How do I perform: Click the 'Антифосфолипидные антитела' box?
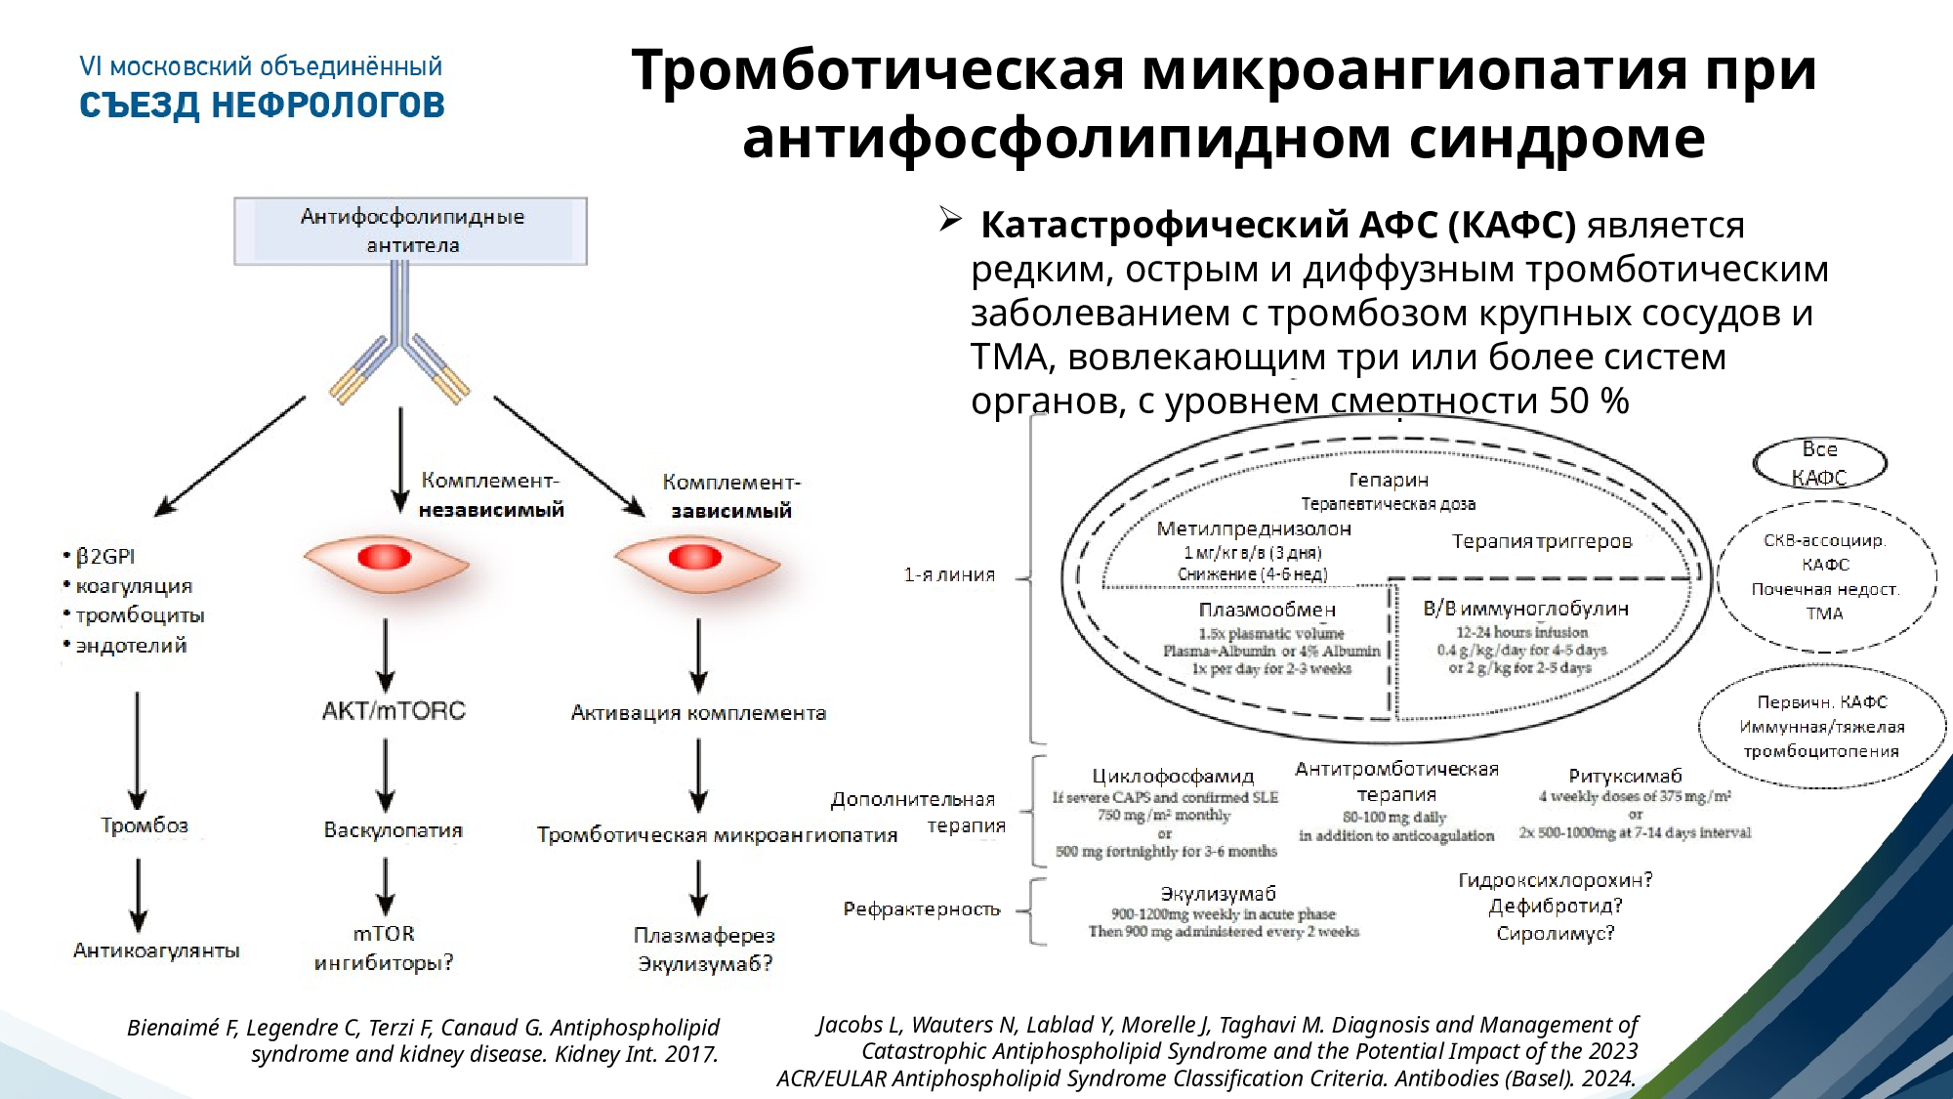[x=411, y=231]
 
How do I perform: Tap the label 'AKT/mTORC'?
[x=394, y=710]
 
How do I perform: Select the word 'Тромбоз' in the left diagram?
[x=144, y=825]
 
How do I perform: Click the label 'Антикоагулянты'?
[x=156, y=951]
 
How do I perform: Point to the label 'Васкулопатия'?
[x=394, y=830]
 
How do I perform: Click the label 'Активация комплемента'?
[x=698, y=713]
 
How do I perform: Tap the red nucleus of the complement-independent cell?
[x=385, y=558]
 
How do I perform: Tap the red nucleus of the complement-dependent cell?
[x=695, y=558]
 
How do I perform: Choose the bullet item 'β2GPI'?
[x=105, y=556]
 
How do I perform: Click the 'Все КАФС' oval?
[x=1819, y=463]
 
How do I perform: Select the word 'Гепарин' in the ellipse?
[x=1389, y=480]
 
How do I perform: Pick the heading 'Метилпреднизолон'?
[x=1254, y=528]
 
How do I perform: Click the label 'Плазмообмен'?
[x=1267, y=610]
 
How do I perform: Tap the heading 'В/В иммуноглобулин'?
[x=1525, y=609]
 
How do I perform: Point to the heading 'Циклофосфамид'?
[x=1173, y=776]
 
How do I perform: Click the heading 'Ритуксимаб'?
[x=1625, y=776]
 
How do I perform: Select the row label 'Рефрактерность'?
[x=922, y=909]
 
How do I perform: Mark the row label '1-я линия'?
[x=949, y=574]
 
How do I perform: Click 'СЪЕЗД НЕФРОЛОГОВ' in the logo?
[x=262, y=106]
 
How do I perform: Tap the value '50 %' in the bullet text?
[x=1589, y=401]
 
